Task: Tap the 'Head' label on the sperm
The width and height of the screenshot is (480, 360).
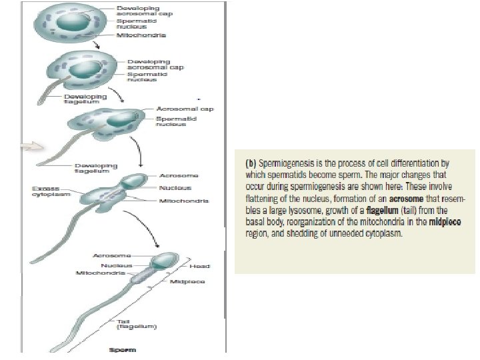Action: point(199,266)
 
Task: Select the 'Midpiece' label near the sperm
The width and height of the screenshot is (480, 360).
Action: point(187,281)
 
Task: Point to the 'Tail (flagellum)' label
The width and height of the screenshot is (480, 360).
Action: point(137,325)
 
